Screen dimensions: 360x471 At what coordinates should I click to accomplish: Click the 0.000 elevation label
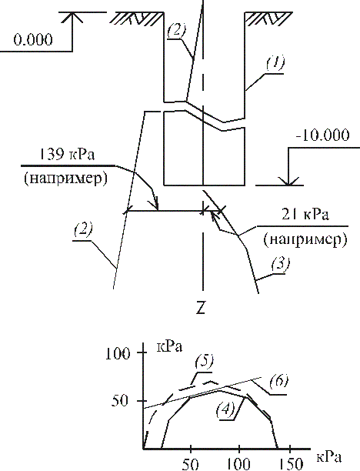[33, 39]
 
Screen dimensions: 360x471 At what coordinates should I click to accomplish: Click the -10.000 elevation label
[322, 135]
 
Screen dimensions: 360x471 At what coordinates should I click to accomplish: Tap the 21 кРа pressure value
[305, 215]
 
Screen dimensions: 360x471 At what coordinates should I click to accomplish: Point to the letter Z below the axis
[200, 307]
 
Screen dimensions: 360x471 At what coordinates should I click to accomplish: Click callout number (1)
[275, 64]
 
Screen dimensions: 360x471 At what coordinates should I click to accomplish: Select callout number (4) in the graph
[225, 410]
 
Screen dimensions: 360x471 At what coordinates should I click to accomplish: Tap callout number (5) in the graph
[204, 362]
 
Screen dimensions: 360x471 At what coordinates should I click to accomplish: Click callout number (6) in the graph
[278, 382]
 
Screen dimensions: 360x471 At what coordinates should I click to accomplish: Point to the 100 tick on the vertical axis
[118, 353]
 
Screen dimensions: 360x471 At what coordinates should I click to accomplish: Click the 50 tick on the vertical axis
[121, 401]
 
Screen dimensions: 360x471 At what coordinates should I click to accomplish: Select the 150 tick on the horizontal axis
[290, 464]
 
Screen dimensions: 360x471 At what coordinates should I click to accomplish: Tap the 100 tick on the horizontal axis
[239, 464]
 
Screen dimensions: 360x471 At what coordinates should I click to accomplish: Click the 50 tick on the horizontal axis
[190, 464]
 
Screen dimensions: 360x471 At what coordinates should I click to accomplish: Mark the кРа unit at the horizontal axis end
[329, 457]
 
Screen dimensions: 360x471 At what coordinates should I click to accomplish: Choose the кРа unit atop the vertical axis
[170, 347]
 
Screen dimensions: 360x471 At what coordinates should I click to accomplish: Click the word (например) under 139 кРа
[65, 179]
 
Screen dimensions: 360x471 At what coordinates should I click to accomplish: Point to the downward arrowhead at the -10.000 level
[288, 181]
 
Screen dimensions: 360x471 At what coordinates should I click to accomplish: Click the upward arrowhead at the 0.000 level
[72, 17]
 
